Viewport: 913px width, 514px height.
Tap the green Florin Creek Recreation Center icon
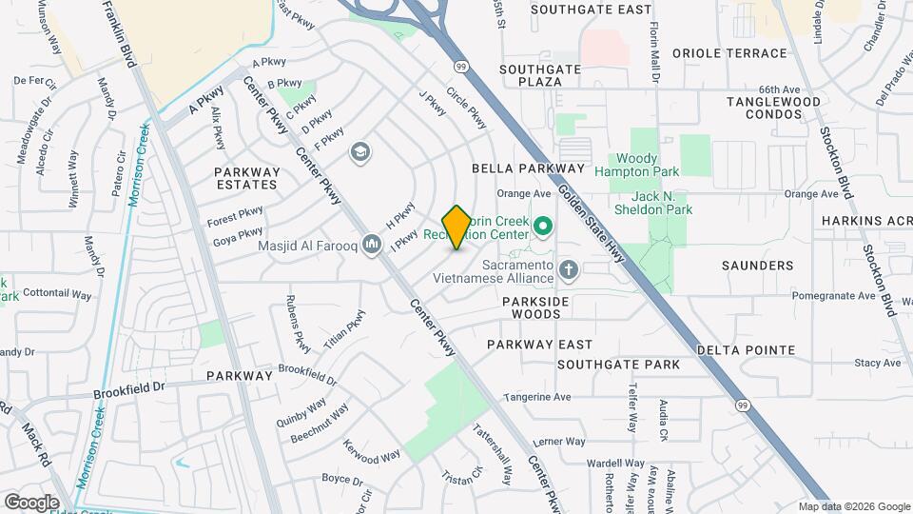point(543,227)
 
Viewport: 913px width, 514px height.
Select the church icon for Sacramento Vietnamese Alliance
point(569,271)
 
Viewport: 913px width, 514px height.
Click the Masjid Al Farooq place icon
point(372,246)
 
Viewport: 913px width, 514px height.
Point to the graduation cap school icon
point(359,152)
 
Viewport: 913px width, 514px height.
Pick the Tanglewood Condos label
point(773,109)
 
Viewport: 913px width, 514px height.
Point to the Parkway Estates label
point(246,178)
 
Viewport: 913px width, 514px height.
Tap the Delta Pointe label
point(746,349)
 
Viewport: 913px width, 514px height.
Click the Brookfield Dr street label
point(129,389)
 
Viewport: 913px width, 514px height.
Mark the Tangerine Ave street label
point(537,397)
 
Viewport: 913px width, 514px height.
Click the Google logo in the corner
point(31,502)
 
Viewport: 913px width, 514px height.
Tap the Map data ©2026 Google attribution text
point(853,506)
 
